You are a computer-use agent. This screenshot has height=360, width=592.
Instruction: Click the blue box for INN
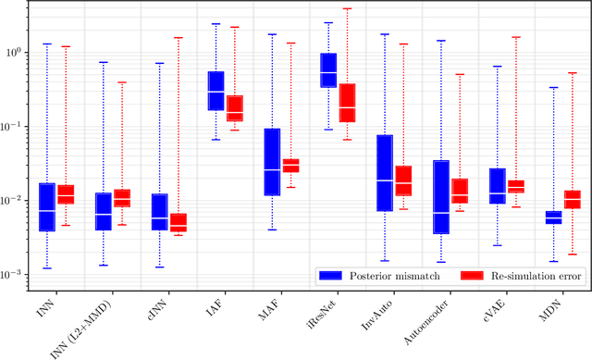pos(47,206)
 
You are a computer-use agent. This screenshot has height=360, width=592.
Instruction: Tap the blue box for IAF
pos(216,91)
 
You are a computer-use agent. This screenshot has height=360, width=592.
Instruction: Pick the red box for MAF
pos(290,166)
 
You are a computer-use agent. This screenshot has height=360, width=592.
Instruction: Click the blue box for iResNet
pos(328,70)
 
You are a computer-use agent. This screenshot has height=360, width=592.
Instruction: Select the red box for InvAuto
pos(403,180)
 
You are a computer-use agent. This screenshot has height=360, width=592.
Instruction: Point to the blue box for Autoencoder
pos(441,197)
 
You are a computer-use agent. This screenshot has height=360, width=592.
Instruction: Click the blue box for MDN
pos(553,217)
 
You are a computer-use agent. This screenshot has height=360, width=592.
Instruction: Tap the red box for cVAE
pos(515,186)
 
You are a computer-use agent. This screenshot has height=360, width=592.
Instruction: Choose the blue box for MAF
pos(272,162)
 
